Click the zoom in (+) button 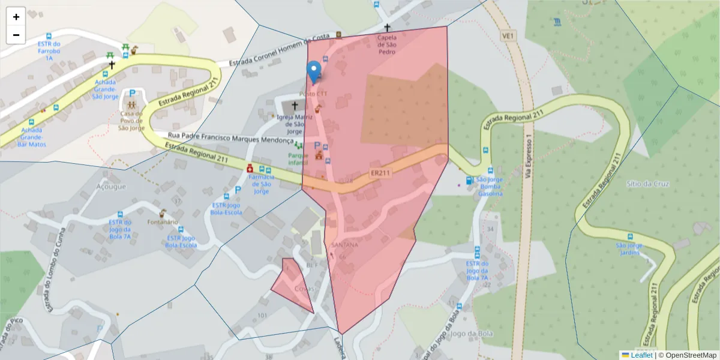[16, 17]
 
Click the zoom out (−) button [16, 35]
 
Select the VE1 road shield [508, 37]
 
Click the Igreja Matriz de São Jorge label [294, 124]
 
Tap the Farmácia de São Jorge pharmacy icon [250, 170]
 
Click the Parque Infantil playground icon [298, 146]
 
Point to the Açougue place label [111, 187]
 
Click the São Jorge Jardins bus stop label [629, 249]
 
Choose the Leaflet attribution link [641, 355]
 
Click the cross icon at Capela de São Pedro [387, 28]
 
